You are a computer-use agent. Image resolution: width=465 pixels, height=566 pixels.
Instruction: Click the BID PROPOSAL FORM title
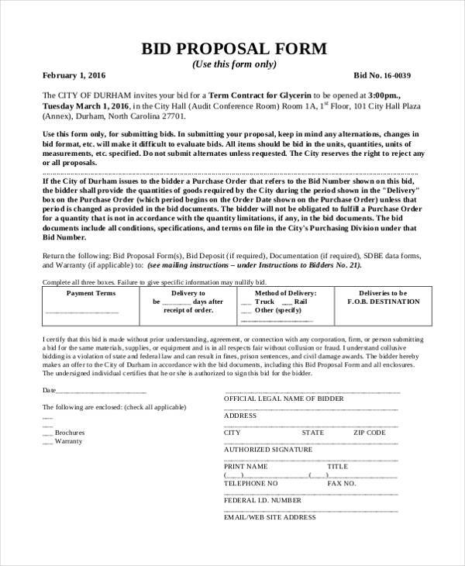[x=232, y=48]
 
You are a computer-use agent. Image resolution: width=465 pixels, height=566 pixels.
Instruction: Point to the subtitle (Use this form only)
[x=232, y=63]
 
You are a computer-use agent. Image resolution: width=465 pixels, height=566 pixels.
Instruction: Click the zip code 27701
[x=171, y=116]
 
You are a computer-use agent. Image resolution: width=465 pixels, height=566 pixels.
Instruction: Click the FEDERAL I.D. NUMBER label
[x=263, y=500]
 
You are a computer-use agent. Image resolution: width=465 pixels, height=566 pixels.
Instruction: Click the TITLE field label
[x=338, y=466]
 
